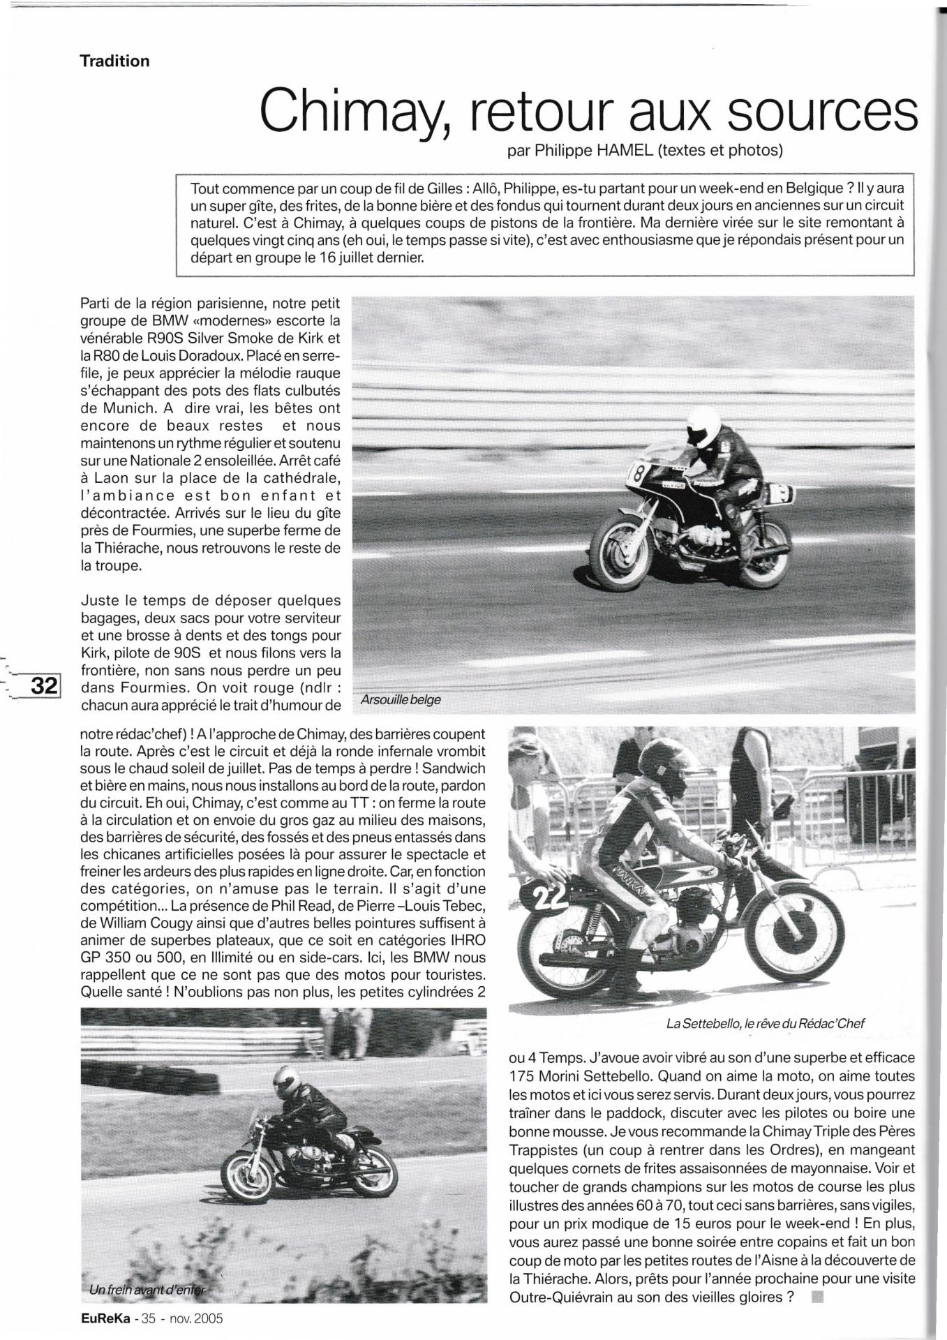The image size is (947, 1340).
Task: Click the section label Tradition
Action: tap(114, 61)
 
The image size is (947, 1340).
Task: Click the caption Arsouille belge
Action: tap(401, 699)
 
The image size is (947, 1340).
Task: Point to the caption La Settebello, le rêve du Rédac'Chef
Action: tap(765, 1023)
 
